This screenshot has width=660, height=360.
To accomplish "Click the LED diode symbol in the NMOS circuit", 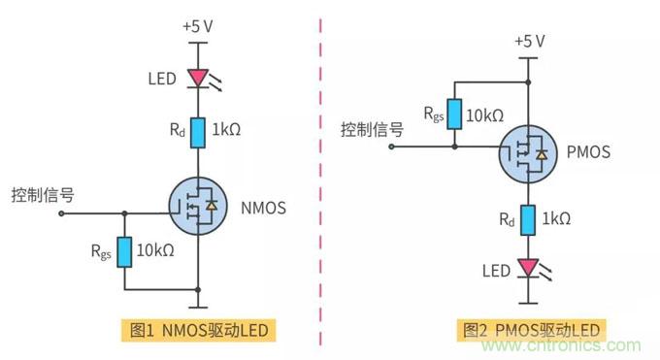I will pos(198,77).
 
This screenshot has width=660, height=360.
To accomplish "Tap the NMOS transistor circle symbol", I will pos(198,206).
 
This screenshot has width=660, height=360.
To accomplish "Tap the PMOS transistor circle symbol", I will pos(527,151).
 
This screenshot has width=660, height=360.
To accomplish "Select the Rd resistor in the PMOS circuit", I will pos(525,221).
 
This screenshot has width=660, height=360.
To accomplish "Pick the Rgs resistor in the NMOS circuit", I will pos(125,249).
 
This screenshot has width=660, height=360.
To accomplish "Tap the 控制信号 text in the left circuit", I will pos(42,193).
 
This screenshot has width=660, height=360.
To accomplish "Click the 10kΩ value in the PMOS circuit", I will pos(485,115).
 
